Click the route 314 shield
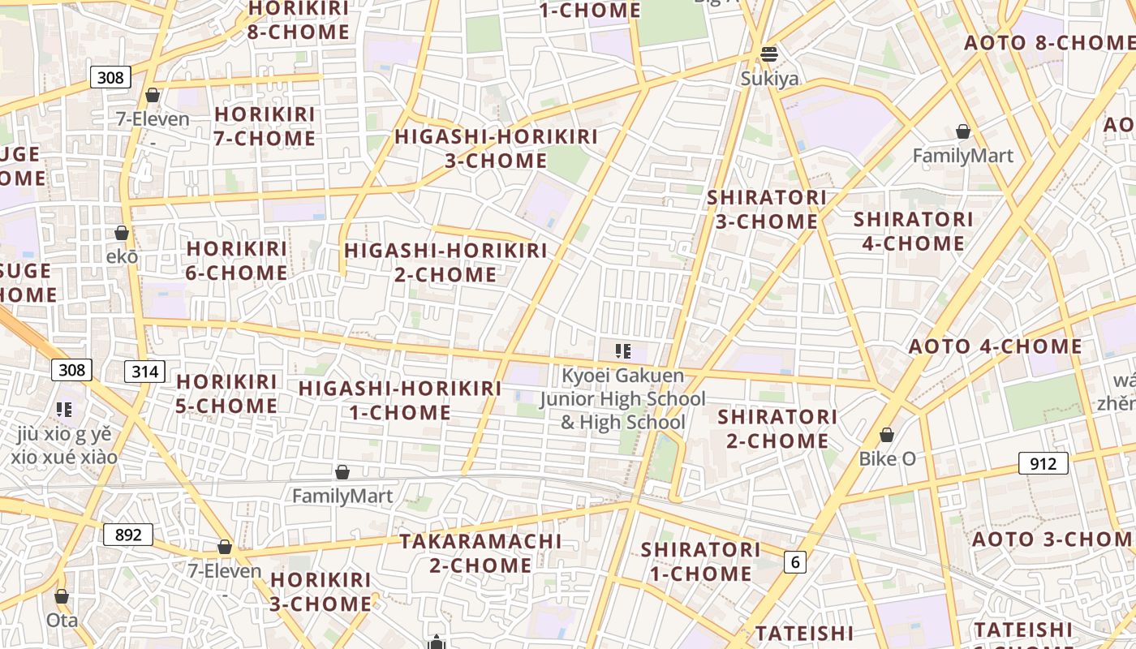point(144,372)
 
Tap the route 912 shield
point(1043,463)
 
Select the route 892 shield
point(128,535)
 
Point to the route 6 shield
point(795,561)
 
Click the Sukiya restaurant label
point(769,79)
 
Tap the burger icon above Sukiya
point(769,54)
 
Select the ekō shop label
point(122,256)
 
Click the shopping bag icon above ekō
point(122,233)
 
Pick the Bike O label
point(887,459)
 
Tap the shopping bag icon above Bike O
point(887,435)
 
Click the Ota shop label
point(62,621)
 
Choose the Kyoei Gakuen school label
point(623,399)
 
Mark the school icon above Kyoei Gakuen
point(623,351)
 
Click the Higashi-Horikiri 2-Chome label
point(445,262)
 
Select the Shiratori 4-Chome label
point(913,231)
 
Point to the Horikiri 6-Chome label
point(237,260)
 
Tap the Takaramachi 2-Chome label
point(480,552)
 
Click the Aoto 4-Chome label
point(995,346)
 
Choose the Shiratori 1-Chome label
point(700,561)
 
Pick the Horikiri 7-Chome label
point(265,127)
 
